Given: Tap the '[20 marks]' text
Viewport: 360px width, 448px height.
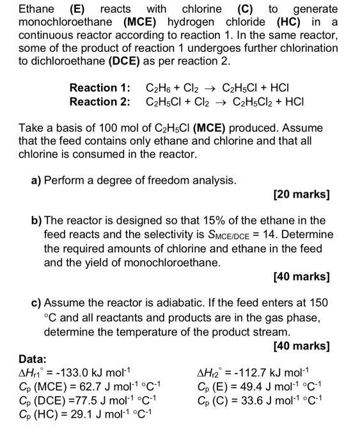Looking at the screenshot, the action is coord(301,194).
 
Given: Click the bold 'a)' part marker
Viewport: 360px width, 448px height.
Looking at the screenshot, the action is coord(36,180).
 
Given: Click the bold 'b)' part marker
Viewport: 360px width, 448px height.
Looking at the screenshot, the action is coord(36,221).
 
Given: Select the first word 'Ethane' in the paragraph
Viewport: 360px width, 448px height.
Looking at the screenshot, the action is coord(36,9).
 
